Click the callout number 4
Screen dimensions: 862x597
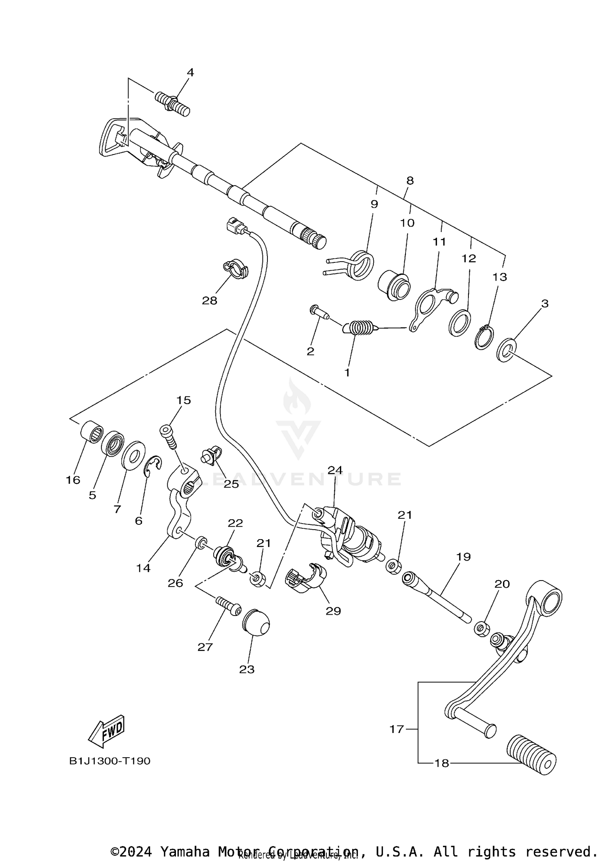pos(190,72)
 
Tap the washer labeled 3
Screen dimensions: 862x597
pos(507,350)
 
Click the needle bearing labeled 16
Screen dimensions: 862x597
pos(92,431)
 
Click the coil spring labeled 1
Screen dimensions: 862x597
pos(360,328)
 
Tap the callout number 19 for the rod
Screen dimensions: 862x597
pos(463,557)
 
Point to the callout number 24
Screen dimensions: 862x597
pos(335,470)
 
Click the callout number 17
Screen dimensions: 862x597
pos(396,729)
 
